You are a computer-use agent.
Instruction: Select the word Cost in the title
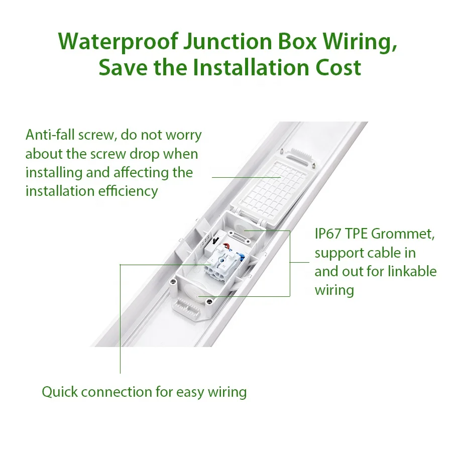pyautogui.click(x=338, y=67)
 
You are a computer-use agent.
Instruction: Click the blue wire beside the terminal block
pyautogui.click(x=242, y=256)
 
